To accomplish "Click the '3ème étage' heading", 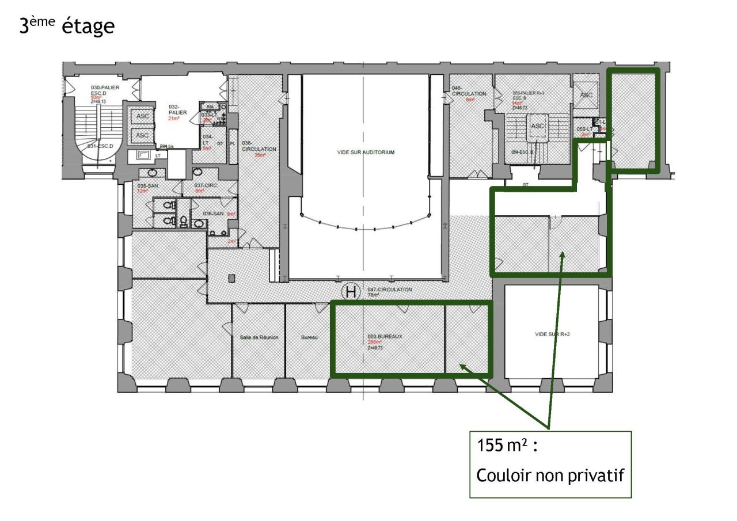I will [67, 26].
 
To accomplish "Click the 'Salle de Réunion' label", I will [259, 337].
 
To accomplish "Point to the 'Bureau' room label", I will [309, 337].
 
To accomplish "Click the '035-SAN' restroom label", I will [147, 186].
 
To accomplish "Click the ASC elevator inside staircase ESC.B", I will [538, 127].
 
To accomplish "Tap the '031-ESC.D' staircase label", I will [99, 146].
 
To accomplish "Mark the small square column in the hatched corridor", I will [231, 279].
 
